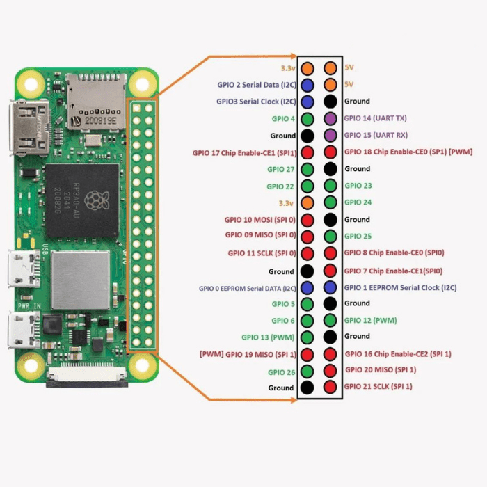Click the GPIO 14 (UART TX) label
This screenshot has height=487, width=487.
(376, 119)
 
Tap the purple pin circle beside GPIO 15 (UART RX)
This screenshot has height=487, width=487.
(330, 135)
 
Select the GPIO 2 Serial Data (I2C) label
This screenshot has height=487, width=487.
(257, 85)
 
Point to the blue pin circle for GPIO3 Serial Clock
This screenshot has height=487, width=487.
(307, 102)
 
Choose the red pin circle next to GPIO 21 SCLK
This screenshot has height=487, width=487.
(330, 386)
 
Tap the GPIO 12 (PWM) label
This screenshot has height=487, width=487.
(370, 320)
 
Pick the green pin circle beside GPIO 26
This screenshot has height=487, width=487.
(307, 372)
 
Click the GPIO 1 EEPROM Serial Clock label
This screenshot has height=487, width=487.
(392, 287)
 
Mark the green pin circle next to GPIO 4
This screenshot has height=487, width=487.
(307, 119)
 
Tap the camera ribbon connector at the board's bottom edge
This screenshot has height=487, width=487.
(88, 379)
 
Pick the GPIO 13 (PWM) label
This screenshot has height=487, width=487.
(269, 337)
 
